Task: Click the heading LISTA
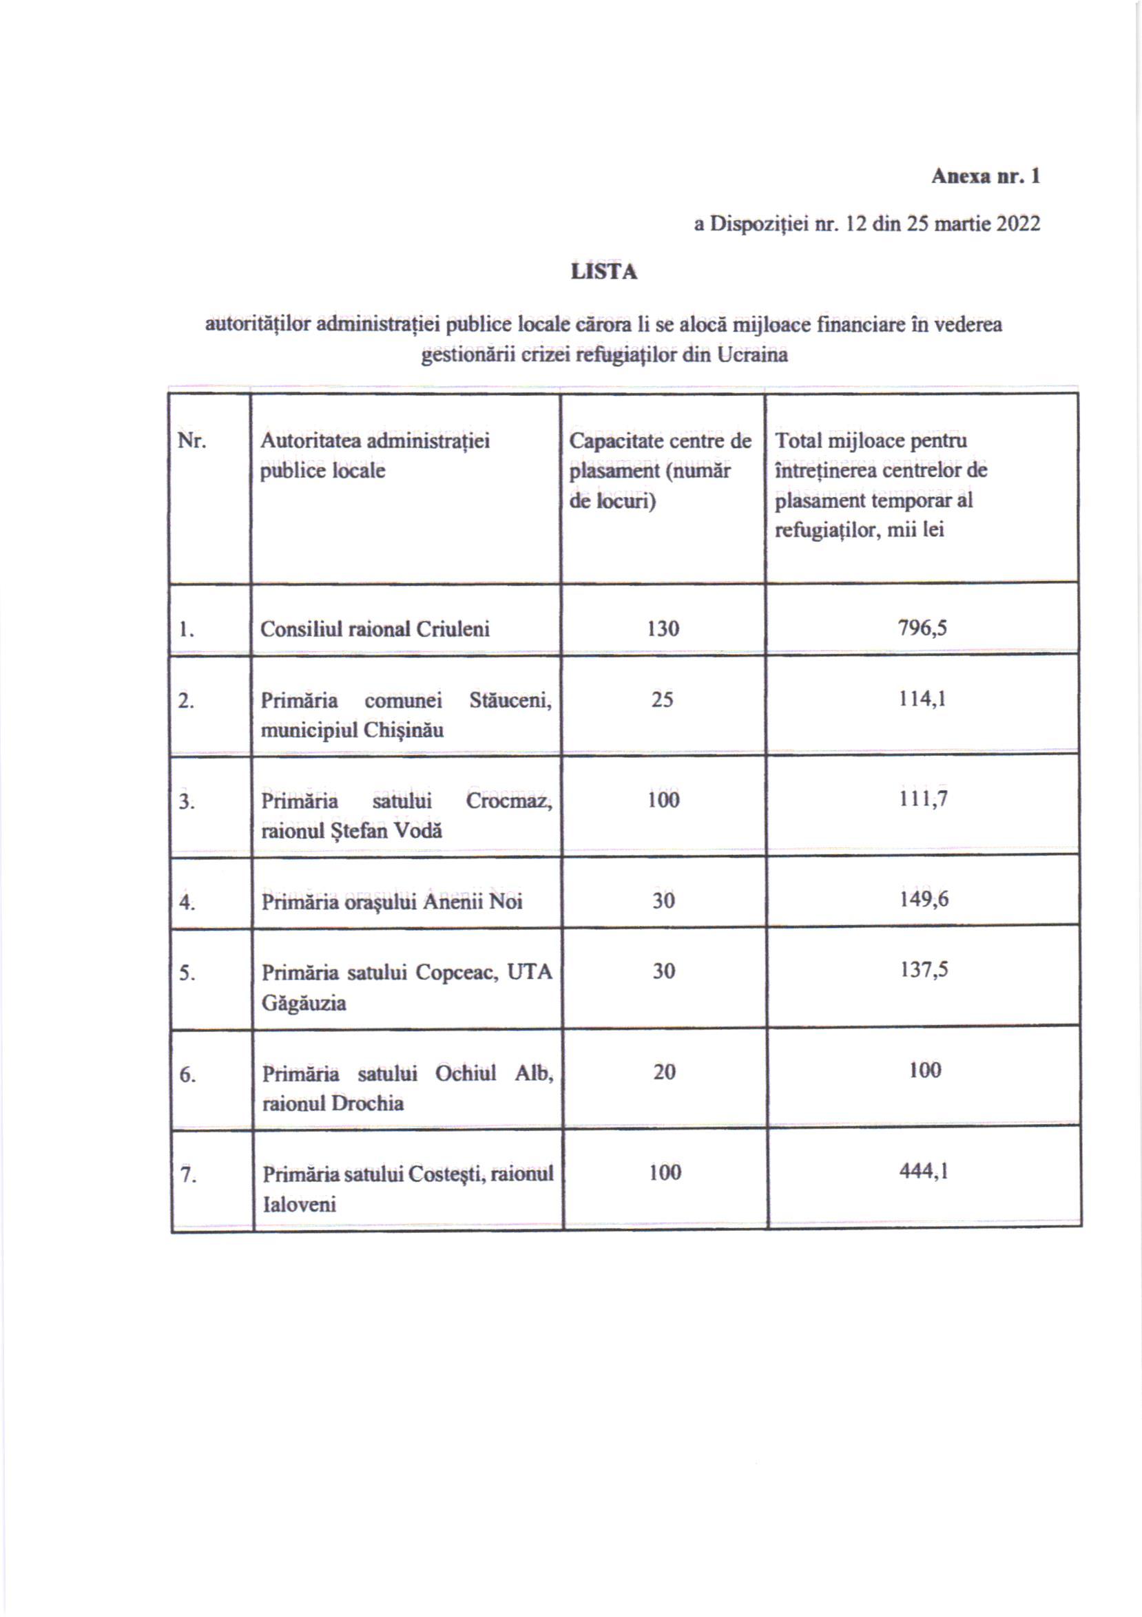(x=604, y=272)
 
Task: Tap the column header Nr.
(x=191, y=441)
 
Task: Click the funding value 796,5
(x=922, y=628)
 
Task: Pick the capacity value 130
(x=662, y=628)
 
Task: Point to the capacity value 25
(x=661, y=699)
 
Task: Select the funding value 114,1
(x=922, y=699)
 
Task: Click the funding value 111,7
(x=923, y=799)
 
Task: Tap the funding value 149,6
(x=924, y=898)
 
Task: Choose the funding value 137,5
(x=924, y=970)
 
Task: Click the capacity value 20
(x=664, y=1072)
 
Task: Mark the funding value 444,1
(x=924, y=1171)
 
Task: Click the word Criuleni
(x=453, y=629)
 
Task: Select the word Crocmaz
(x=508, y=801)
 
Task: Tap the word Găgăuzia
(x=304, y=1003)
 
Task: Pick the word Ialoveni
(x=300, y=1204)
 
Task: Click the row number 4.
(x=187, y=902)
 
